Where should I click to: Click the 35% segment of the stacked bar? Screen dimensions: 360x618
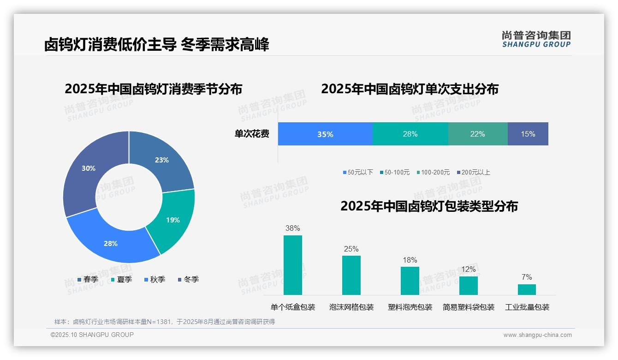325,134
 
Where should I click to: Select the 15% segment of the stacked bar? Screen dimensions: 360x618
528,134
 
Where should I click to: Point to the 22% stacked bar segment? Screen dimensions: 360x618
477,134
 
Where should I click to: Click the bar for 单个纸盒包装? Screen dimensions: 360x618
293,265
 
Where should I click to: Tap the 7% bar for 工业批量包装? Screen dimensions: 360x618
527,290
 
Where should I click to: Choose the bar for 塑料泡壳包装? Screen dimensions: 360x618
410,281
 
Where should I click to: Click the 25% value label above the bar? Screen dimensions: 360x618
351,249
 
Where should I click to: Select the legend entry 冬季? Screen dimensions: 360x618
188,280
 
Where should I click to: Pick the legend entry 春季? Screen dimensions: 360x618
88,280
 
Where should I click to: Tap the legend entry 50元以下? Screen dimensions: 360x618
358,173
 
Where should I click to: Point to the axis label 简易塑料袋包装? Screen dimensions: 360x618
468,307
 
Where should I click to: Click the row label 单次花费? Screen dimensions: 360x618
252,134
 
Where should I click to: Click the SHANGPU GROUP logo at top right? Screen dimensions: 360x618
536,39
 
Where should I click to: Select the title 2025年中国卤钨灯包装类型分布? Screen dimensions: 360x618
429,206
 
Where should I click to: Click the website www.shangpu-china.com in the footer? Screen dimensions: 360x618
537,335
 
